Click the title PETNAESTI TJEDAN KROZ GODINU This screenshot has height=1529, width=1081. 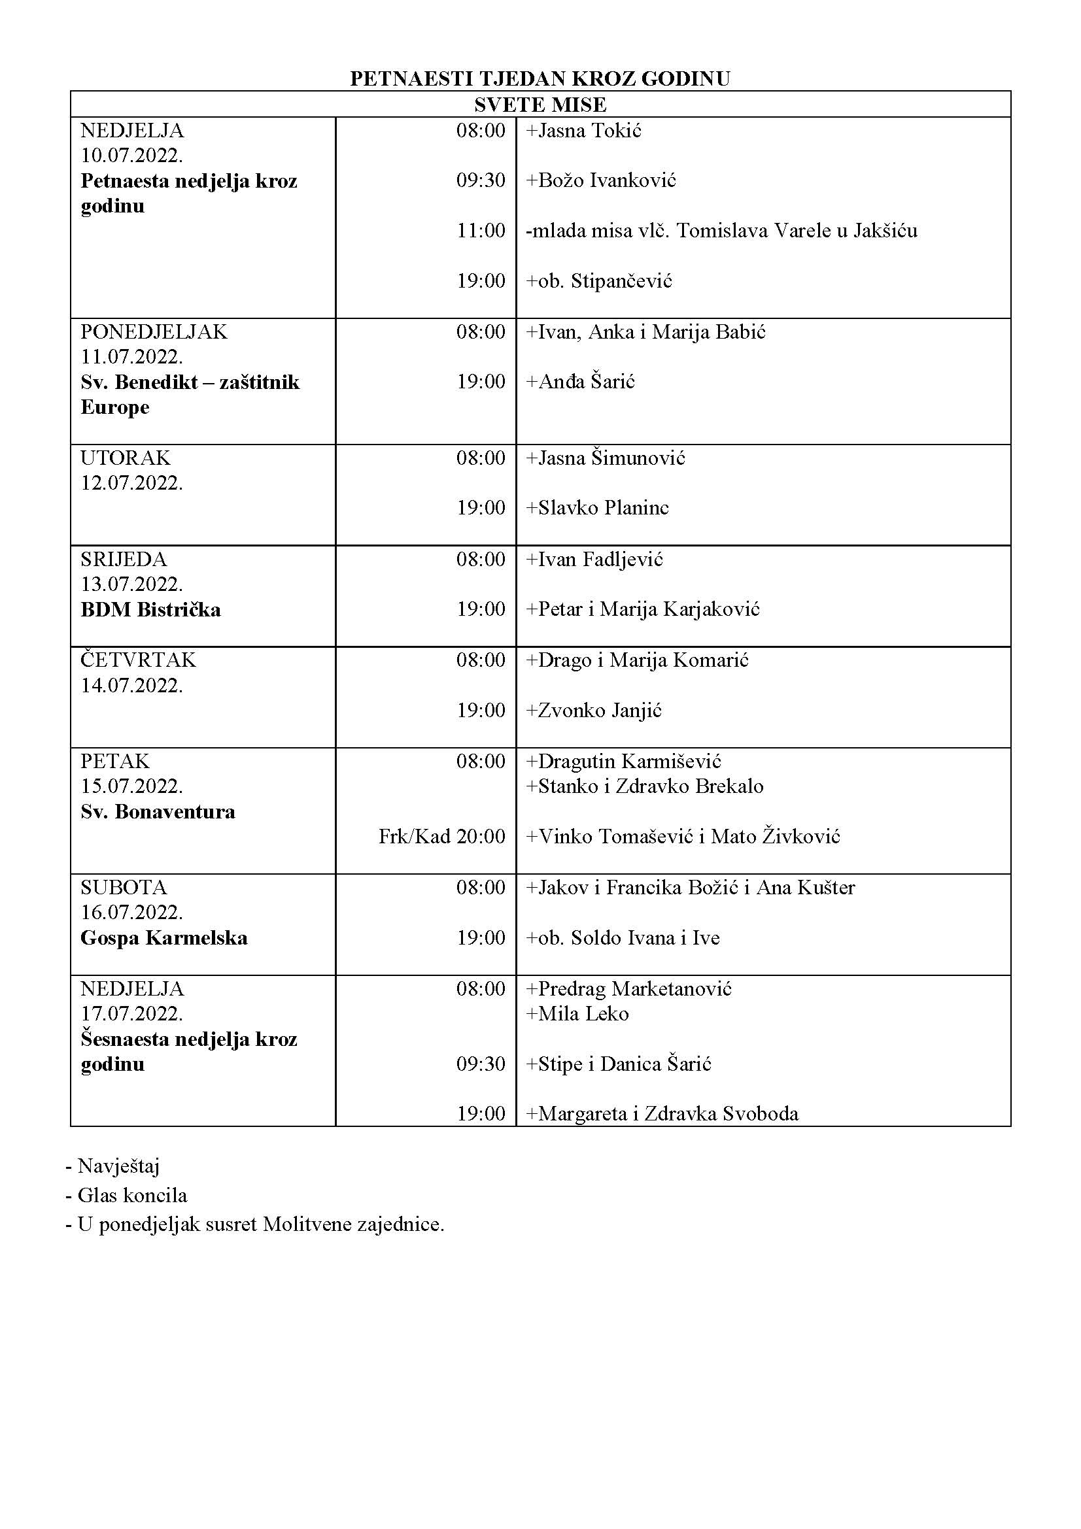pos(540,78)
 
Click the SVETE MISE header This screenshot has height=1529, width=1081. pos(540,105)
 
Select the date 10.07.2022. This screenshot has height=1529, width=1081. pos(132,156)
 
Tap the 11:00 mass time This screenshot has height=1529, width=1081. pos(480,231)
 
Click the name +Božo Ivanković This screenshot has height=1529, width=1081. pos(601,180)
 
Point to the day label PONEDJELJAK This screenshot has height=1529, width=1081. pos(154,331)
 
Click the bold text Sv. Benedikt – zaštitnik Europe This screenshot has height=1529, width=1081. pos(190,394)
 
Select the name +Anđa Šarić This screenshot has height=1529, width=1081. pos(580,382)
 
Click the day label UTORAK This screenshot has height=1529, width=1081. pos(125,458)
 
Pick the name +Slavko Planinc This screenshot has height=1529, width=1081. pos(598,508)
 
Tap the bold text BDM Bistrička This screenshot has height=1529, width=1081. pos(150,610)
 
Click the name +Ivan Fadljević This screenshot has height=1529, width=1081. pos(594,560)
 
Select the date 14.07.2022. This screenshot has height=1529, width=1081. pos(132,685)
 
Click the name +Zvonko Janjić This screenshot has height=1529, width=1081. pos(593,711)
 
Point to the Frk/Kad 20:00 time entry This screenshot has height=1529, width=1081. pos(441,837)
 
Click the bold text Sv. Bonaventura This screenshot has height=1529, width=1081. pos(158,812)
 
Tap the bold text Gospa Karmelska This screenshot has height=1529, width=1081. pos(164,938)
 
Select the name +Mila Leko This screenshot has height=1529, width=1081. pos(577,1015)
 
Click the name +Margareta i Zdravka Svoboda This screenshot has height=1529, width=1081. pos(662,1113)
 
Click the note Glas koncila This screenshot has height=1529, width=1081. pos(132,1196)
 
